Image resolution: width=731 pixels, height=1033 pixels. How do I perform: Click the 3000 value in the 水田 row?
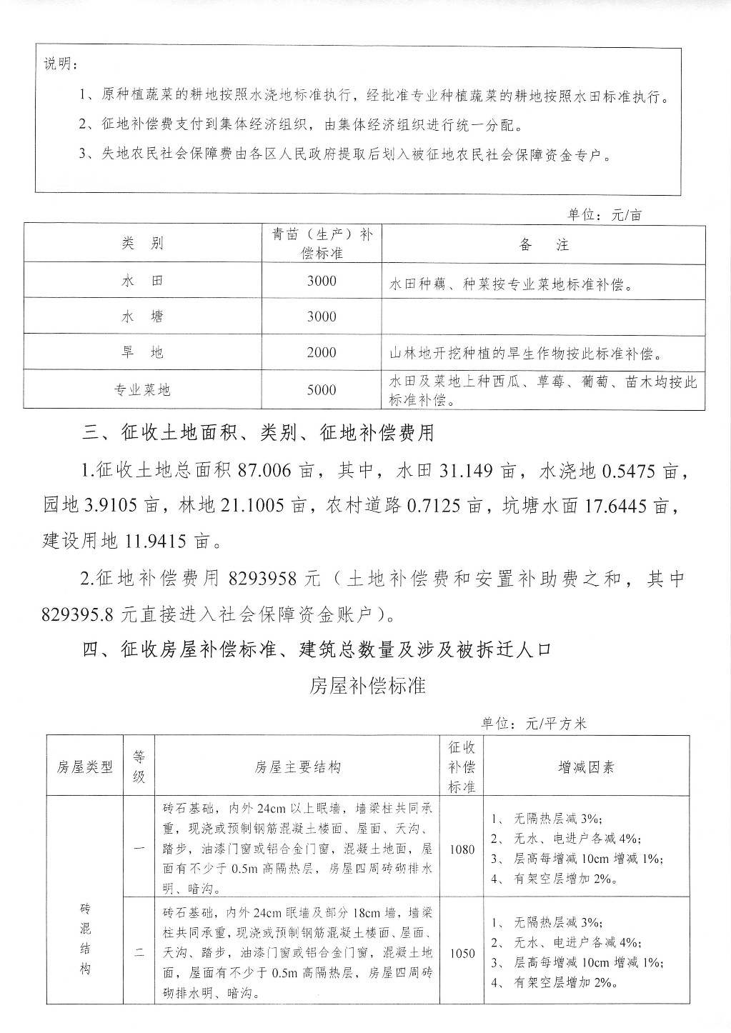(x=321, y=281)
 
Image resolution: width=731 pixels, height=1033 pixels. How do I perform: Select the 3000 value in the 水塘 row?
(x=321, y=316)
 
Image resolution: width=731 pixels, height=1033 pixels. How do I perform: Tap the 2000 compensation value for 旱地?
(x=321, y=352)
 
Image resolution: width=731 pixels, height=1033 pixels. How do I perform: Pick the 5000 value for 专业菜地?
(x=321, y=390)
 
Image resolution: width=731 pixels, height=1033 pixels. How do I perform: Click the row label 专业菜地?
(x=142, y=390)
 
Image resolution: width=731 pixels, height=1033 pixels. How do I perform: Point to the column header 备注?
(x=544, y=244)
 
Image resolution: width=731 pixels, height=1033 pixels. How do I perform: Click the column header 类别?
(x=142, y=244)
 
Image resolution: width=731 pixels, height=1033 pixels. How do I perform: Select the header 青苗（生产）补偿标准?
(x=322, y=244)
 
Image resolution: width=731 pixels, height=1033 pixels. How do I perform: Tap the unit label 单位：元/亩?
(x=605, y=214)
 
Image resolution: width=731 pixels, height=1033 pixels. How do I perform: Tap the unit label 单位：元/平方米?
(x=534, y=724)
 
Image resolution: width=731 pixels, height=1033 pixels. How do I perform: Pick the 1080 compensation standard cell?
(x=462, y=849)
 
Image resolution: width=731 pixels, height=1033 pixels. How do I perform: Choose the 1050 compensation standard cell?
(x=462, y=953)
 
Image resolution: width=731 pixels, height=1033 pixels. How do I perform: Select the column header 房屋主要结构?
(x=297, y=767)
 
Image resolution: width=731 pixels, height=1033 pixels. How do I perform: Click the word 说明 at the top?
(x=62, y=66)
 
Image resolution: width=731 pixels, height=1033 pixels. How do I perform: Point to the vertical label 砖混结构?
(x=85, y=939)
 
